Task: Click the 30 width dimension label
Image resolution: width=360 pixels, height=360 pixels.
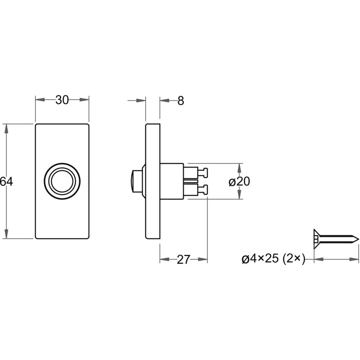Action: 62,100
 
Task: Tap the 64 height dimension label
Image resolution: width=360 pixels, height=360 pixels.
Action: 6,182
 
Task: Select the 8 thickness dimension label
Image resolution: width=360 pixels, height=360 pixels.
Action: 181,101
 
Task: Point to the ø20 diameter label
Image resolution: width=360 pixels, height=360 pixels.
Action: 239,182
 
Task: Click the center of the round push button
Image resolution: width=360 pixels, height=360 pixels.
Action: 62,181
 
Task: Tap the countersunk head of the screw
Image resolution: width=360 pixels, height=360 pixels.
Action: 316,239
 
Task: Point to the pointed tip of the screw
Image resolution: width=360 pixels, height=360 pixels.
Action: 358,239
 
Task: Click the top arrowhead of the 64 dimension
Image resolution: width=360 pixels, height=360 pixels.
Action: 6,129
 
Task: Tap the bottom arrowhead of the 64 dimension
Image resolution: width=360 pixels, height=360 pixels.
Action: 6,234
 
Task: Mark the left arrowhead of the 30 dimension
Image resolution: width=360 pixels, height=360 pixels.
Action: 40,99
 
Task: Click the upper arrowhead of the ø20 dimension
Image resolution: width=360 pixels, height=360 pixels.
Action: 239,168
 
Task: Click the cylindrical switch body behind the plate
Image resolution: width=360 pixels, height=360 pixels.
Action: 172,181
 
